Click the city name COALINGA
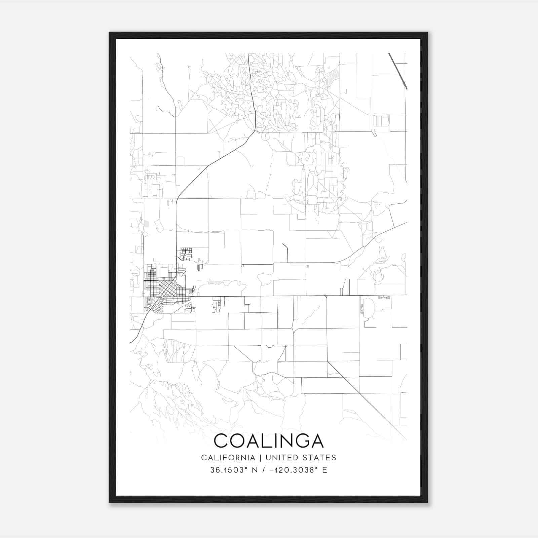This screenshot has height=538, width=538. [x=269, y=441]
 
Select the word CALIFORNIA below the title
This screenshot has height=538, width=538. [x=228, y=458]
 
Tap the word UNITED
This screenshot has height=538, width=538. [x=281, y=458]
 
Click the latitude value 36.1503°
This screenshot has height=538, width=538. [x=229, y=470]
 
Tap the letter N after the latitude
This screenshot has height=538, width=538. [x=255, y=470]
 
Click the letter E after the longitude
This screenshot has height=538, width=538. [x=324, y=470]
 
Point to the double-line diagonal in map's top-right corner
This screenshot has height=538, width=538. [x=398, y=71]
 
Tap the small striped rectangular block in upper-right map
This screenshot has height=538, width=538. [x=381, y=121]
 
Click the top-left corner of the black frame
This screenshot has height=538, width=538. [x=110, y=33]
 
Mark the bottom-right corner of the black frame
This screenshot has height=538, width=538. [x=427, y=502]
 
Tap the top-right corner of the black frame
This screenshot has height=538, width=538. [x=427, y=33]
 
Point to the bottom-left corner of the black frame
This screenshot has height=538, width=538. [x=110, y=502]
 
